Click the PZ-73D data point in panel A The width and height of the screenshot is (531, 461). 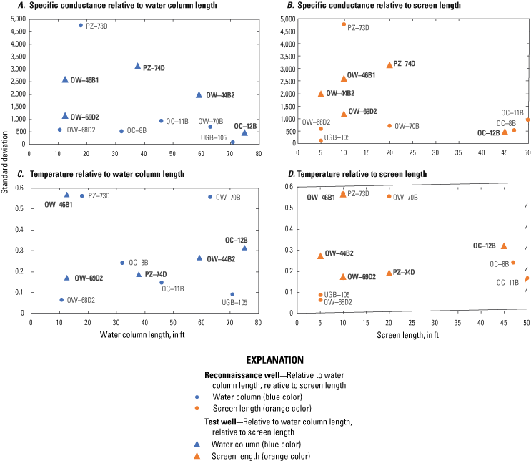click(x=81, y=25)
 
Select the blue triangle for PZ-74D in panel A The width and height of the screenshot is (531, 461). click(x=138, y=67)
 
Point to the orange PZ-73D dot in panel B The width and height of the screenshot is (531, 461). click(x=344, y=24)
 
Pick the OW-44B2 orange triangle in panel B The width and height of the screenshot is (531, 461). click(x=321, y=94)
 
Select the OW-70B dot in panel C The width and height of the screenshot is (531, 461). click(x=210, y=197)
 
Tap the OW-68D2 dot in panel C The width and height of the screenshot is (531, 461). click(x=61, y=300)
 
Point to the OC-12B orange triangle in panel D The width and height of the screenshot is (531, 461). click(x=504, y=246)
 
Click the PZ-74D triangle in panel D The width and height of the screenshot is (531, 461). click(x=389, y=273)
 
